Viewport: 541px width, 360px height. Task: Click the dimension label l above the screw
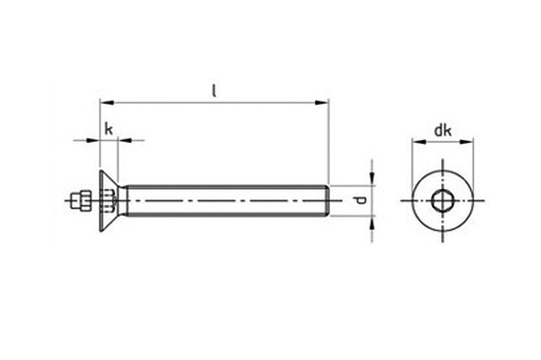coord(214,91)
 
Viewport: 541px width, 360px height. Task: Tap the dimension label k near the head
coord(108,130)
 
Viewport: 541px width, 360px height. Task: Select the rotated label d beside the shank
coord(360,201)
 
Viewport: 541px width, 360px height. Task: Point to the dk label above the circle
coord(442,130)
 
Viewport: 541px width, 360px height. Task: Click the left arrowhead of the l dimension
coord(107,102)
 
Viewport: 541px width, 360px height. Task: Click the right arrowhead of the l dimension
coord(322,102)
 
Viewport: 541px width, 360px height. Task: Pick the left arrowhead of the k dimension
coord(93,140)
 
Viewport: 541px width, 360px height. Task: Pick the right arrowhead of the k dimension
coord(124,140)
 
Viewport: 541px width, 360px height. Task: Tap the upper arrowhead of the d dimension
coord(372,179)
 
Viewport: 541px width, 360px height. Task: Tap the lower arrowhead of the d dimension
coord(372,222)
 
